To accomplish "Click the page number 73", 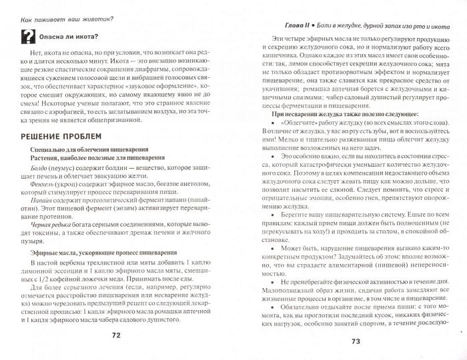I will pyautogui.click(x=356, y=342).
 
